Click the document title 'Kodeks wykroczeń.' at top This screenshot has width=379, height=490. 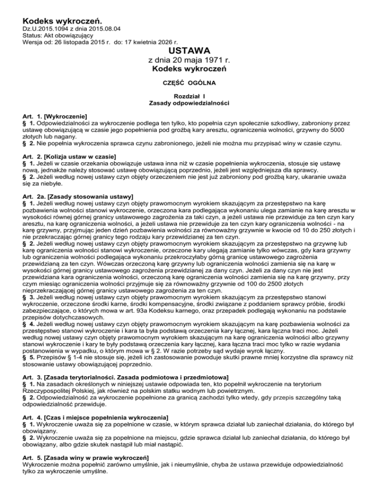point(62,21)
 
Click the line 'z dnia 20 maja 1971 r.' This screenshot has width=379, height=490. point(189,61)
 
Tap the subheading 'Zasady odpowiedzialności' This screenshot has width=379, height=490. point(189,104)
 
